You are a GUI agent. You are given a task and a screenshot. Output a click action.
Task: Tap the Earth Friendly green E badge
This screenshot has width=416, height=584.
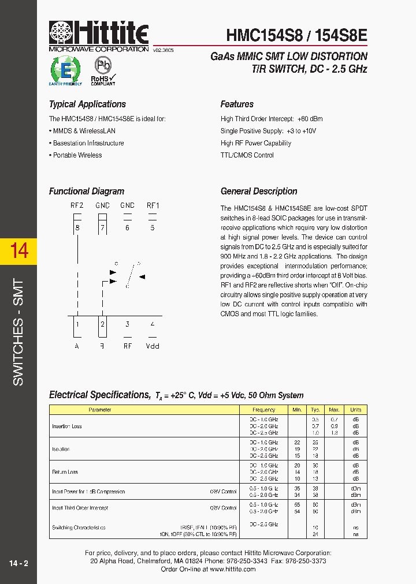(x=65, y=70)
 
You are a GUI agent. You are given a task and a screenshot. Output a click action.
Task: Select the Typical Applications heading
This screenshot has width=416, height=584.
(x=87, y=104)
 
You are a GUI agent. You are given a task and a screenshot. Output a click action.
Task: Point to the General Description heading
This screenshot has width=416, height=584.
(x=259, y=192)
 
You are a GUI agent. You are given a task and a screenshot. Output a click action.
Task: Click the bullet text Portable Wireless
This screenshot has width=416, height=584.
(x=77, y=155)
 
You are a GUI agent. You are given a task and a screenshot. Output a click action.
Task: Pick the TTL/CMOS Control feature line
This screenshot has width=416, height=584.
(x=247, y=155)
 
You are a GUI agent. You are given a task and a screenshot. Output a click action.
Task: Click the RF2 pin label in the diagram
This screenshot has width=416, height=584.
(x=77, y=205)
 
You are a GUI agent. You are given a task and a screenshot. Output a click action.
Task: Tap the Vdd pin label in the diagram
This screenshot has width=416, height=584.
(x=153, y=346)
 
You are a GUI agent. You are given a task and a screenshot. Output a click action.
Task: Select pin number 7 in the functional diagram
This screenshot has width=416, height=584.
(x=102, y=227)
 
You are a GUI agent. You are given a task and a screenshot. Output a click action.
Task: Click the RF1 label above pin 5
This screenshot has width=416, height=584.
(x=153, y=205)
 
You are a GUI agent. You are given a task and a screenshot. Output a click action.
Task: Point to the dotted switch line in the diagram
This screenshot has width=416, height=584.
(x=131, y=274)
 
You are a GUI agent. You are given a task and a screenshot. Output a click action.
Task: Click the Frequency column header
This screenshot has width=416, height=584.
(x=264, y=410)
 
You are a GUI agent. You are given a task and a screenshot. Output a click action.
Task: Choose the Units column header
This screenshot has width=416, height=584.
(x=355, y=410)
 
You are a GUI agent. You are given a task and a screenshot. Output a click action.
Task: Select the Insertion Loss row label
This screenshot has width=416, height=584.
(x=67, y=426)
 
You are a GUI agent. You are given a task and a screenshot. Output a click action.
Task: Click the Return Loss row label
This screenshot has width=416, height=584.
(x=65, y=472)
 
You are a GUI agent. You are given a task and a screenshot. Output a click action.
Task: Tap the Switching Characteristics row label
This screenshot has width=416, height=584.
(x=79, y=527)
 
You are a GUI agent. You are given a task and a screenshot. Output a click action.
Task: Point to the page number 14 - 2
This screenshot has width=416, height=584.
(x=18, y=563)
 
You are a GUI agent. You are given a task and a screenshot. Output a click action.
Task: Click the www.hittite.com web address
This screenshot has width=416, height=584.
(x=233, y=569)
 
